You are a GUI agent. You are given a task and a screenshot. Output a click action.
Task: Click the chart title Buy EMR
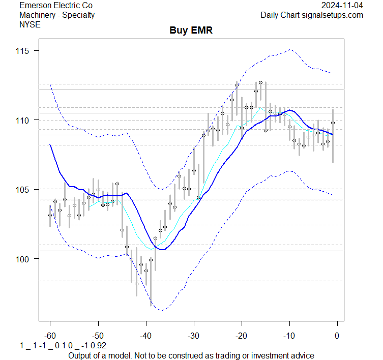[x=191, y=31]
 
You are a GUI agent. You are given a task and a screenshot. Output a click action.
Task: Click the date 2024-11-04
[x=342, y=6]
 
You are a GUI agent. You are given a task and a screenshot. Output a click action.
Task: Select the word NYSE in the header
[x=31, y=24]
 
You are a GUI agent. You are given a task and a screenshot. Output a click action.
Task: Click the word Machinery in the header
[x=37, y=15]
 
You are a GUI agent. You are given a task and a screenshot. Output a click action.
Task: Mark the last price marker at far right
[x=333, y=123]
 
